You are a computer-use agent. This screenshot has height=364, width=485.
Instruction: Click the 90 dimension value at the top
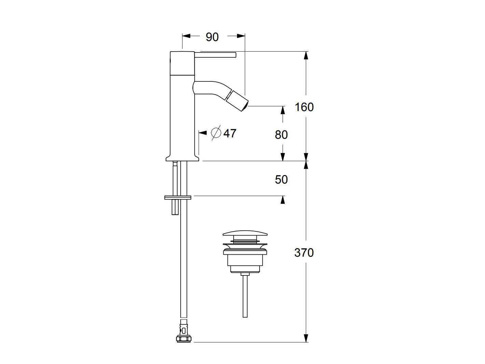click(x=212, y=37)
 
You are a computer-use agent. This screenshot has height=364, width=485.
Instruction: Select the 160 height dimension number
click(x=304, y=107)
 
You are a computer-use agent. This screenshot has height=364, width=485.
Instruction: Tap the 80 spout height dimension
click(x=281, y=135)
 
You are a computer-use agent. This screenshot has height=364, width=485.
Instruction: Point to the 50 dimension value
click(x=281, y=179)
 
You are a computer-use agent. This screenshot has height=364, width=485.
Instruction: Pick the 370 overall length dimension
click(x=304, y=253)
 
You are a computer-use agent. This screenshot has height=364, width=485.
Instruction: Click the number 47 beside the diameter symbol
click(x=230, y=133)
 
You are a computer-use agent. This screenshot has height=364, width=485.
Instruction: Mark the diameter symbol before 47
click(x=216, y=133)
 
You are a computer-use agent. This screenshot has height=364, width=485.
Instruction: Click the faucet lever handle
click(x=216, y=55)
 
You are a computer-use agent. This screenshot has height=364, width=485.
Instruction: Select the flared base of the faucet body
click(x=182, y=157)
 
